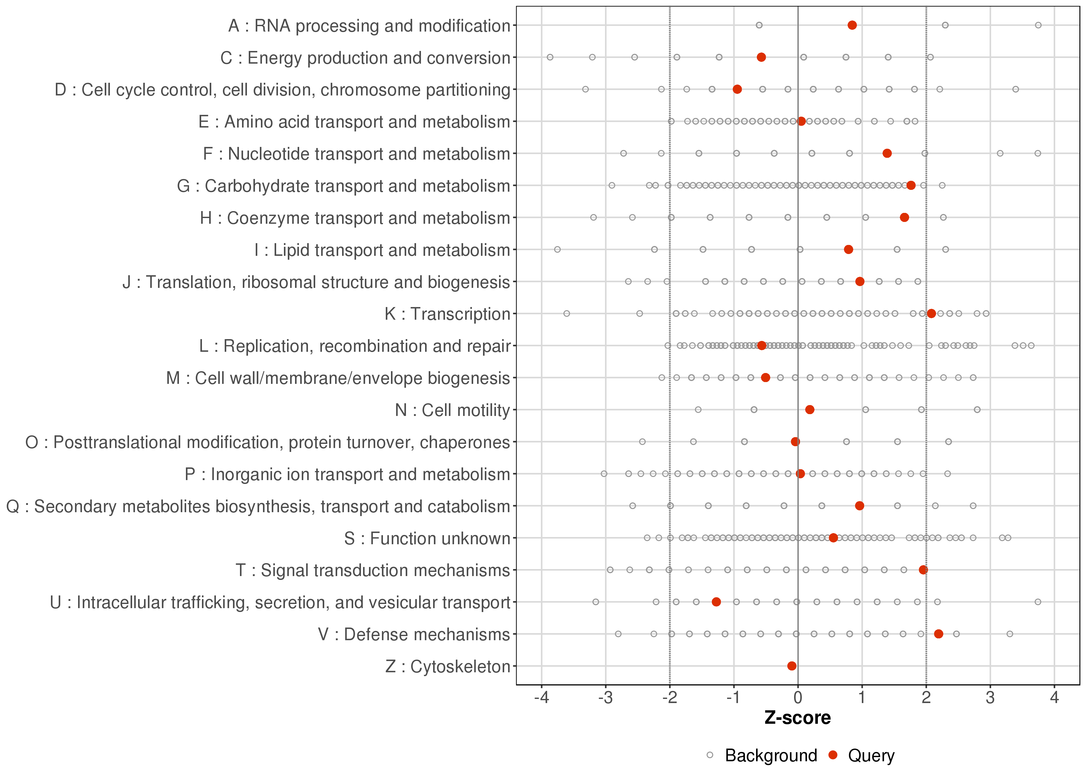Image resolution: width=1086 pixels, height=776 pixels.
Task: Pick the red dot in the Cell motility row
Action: tap(810, 409)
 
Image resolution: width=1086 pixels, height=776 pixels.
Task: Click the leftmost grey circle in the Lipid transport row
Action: tap(557, 249)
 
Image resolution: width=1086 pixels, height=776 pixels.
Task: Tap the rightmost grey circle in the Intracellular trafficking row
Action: tap(1038, 602)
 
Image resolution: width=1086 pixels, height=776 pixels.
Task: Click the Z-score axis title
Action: tap(797, 718)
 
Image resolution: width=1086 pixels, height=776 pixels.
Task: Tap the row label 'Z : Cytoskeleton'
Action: tap(448, 666)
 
